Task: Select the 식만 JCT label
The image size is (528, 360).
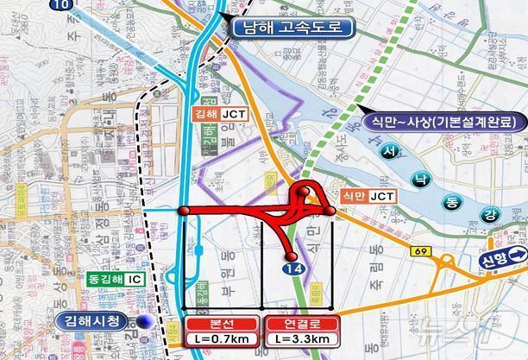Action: pos(368,196)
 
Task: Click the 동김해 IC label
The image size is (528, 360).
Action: pos(111,280)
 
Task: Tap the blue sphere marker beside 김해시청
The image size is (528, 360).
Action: pos(148,321)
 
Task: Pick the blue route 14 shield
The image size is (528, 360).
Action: pos(296,270)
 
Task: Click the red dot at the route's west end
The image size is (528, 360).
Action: pos(184,210)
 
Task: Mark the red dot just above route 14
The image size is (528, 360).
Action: pos(292,256)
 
